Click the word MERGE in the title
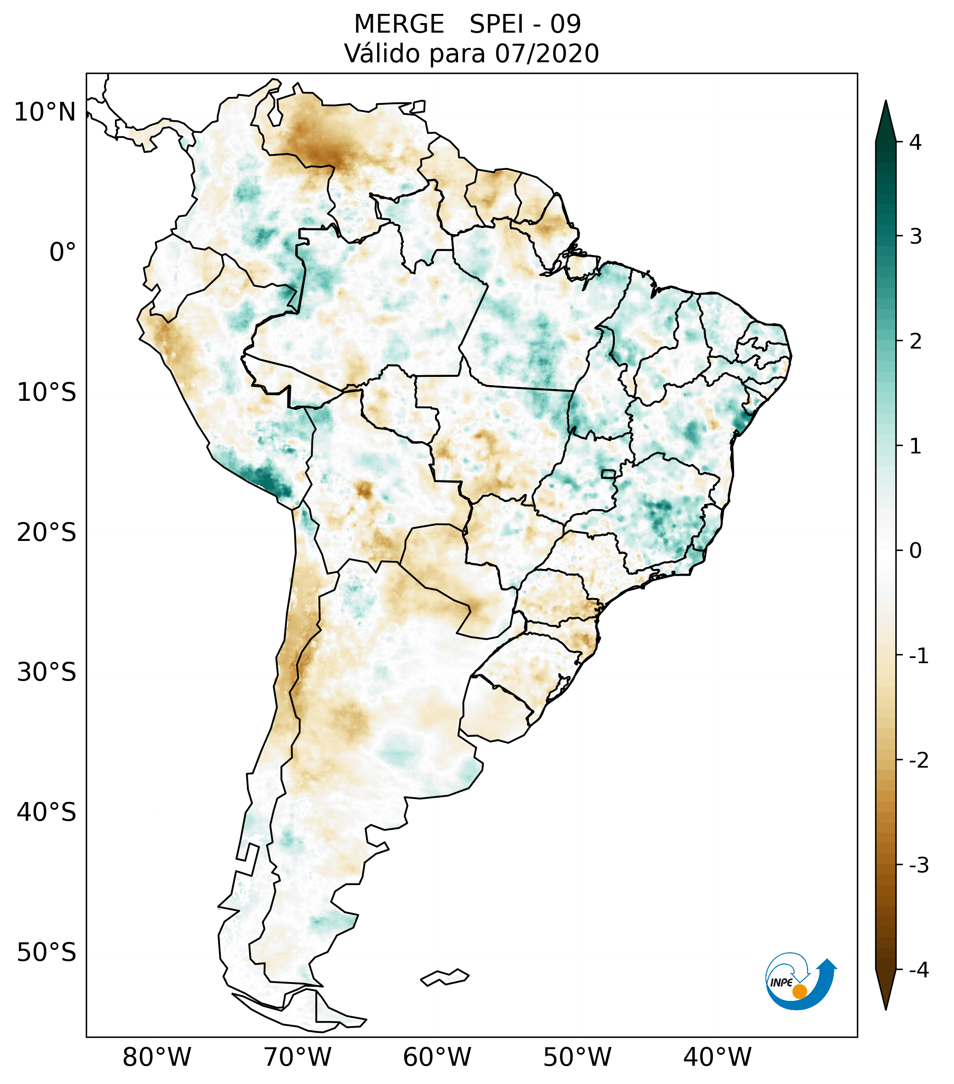point(398,24)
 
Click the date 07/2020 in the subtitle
point(546,54)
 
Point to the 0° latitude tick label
point(63,252)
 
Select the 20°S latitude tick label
point(47,533)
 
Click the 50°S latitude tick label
point(47,953)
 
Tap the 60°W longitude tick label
point(437,1057)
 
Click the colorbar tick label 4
point(915,142)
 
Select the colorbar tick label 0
point(915,551)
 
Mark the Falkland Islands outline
point(445,977)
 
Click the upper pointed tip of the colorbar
point(885,102)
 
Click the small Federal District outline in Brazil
point(608,473)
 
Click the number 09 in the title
point(565,24)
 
